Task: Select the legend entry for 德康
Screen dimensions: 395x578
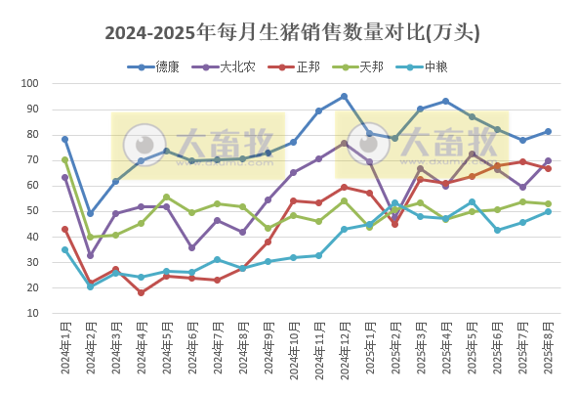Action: [x=160, y=66]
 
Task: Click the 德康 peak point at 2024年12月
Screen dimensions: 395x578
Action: [x=345, y=97]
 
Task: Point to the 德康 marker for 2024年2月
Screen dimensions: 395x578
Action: [x=91, y=213]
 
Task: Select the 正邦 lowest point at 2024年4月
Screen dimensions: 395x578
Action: [x=142, y=292]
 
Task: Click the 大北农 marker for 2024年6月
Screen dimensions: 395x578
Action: [x=192, y=247]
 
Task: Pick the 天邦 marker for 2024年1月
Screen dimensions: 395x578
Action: [x=65, y=159]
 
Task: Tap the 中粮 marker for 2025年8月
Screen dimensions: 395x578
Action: [x=548, y=211]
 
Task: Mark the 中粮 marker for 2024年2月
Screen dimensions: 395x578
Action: [x=91, y=286]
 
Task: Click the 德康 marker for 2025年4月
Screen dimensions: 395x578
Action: [x=446, y=101]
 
